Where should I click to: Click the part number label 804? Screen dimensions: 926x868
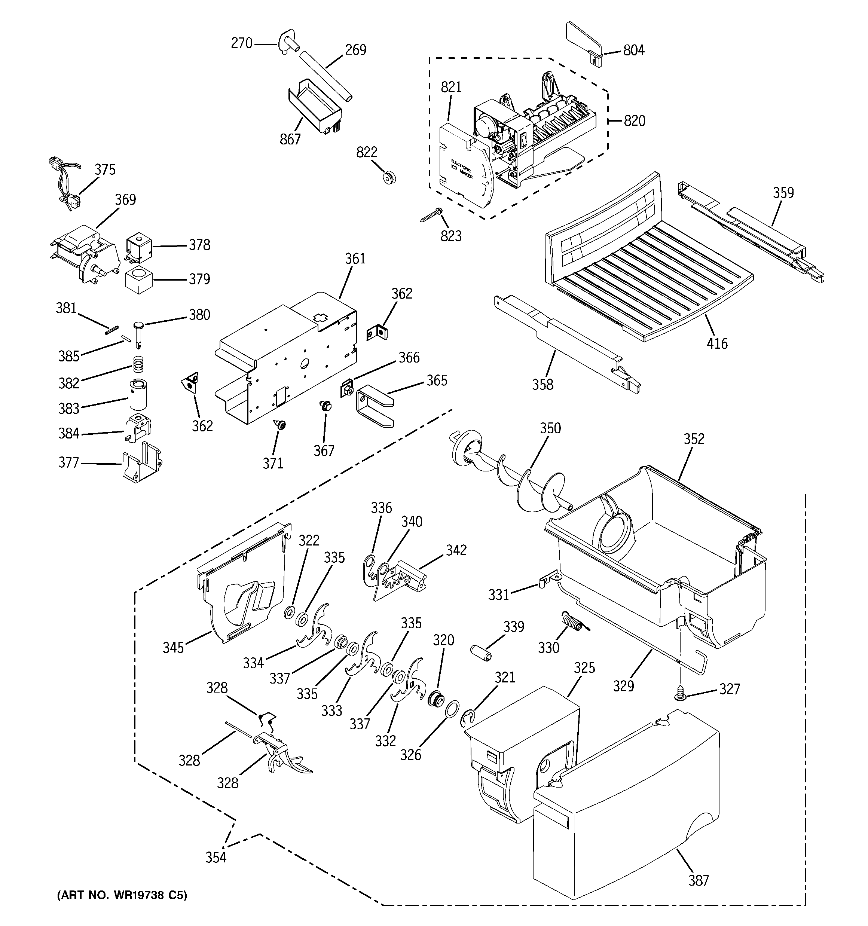pos(634,50)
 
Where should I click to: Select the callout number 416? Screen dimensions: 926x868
pos(716,344)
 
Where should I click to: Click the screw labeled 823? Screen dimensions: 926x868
pos(431,215)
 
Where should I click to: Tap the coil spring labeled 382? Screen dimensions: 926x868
pos(137,363)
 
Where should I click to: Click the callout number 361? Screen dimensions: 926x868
pos(355,259)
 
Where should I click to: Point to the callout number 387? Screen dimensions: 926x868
pos(699,881)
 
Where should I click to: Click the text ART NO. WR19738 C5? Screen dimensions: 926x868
pos(122,896)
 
